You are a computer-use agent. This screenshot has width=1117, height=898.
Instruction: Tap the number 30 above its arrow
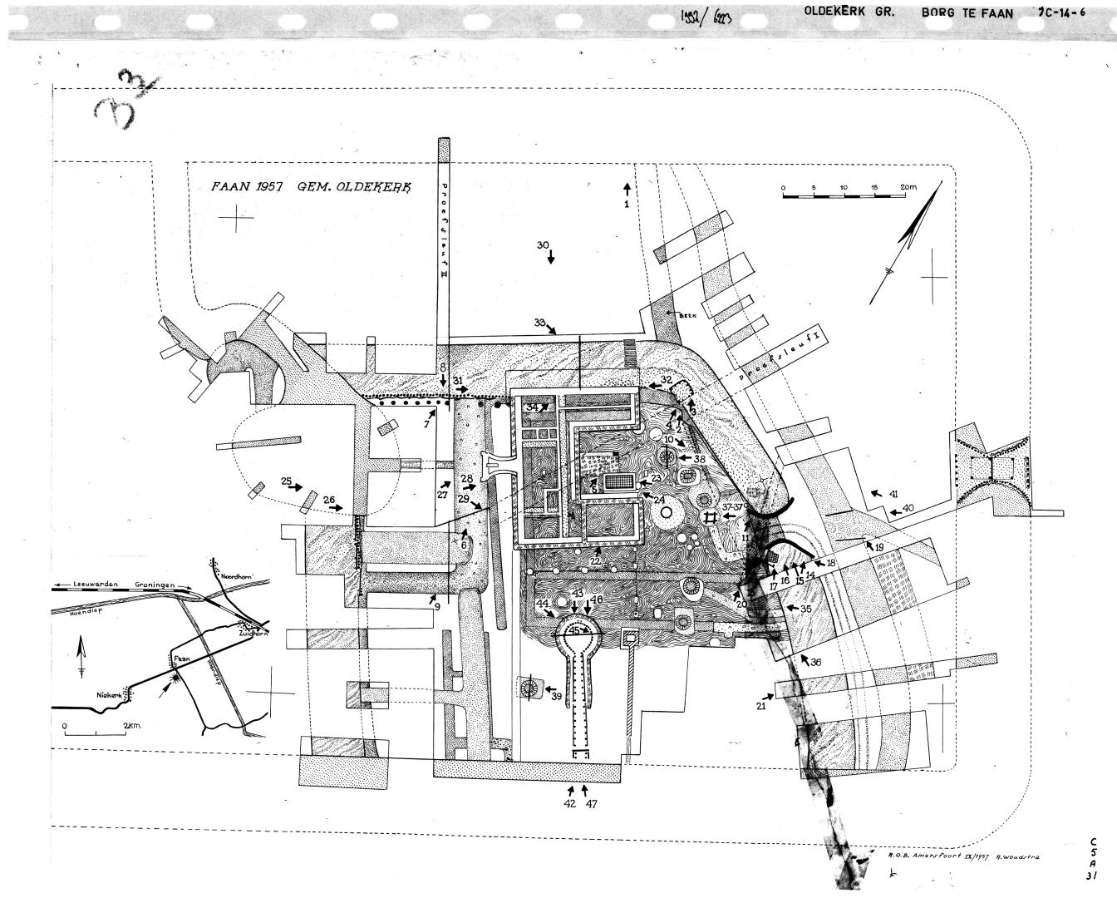pos(543,245)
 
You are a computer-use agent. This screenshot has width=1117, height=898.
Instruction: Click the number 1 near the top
pos(627,203)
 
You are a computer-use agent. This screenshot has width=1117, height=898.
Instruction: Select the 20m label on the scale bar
pos(908,188)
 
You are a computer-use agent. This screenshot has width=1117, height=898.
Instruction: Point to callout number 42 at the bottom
pos(569,804)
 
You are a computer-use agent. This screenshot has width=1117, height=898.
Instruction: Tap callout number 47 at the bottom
pos(591,804)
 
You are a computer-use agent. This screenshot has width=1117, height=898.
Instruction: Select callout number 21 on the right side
pos(760,706)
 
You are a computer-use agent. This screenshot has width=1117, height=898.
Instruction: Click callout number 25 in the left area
pos(286,481)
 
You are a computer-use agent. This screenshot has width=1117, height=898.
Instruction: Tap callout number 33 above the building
pos(539,323)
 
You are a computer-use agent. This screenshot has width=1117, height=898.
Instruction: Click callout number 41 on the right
pos(893,494)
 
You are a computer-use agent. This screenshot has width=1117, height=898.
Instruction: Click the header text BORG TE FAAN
pos(967,13)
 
